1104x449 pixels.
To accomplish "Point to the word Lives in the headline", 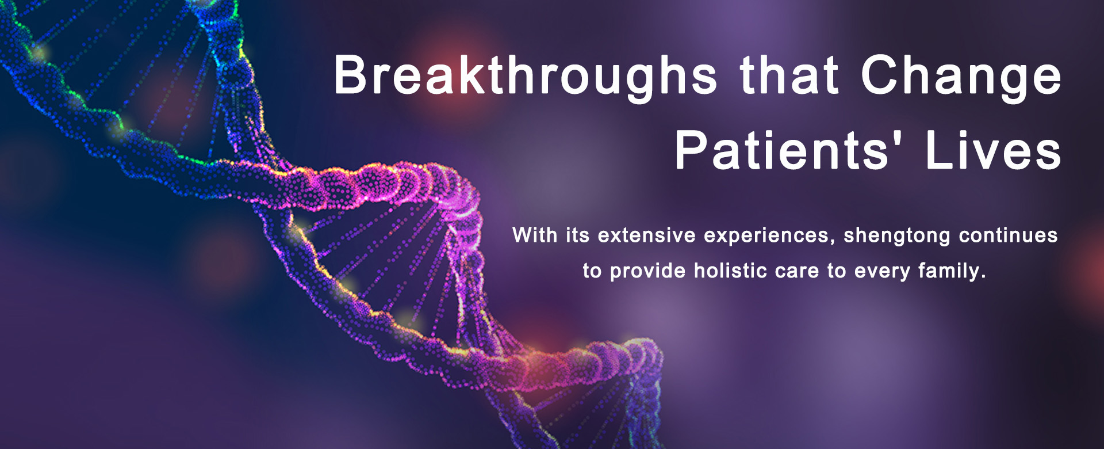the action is pyautogui.click(x=994, y=151).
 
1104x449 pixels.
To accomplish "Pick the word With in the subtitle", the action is pyautogui.click(x=535, y=235).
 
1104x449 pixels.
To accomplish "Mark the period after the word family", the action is pyautogui.click(x=983, y=277).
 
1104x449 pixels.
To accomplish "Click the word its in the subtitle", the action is pyautogui.click(x=578, y=235).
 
